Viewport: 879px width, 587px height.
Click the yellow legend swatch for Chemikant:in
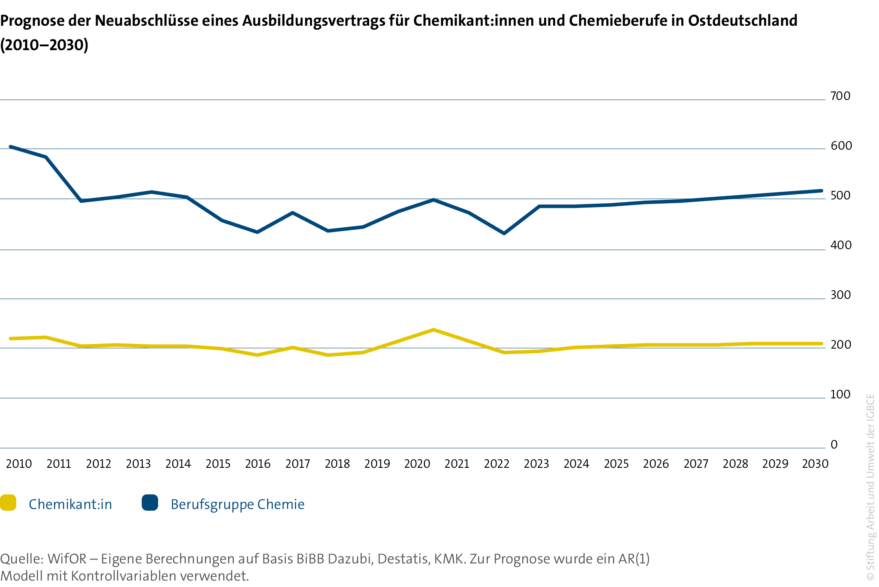pyautogui.click(x=8, y=503)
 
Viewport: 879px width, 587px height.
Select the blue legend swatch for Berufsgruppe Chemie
pyautogui.click(x=150, y=503)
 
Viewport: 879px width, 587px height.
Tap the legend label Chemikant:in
pyautogui.click(x=70, y=504)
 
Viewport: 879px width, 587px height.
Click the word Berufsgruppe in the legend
pyautogui.click(x=212, y=505)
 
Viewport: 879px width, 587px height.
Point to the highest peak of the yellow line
pyautogui.click(x=433, y=330)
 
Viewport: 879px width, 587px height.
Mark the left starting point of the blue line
pyautogui.click(x=10, y=147)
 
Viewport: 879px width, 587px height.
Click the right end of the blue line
pyautogui.click(x=822, y=190)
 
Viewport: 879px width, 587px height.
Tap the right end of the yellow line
pyautogui.click(x=822, y=343)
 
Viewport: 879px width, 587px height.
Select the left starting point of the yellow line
pyautogui.click(x=10, y=338)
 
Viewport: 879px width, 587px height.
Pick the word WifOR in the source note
pyautogui.click(x=67, y=559)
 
